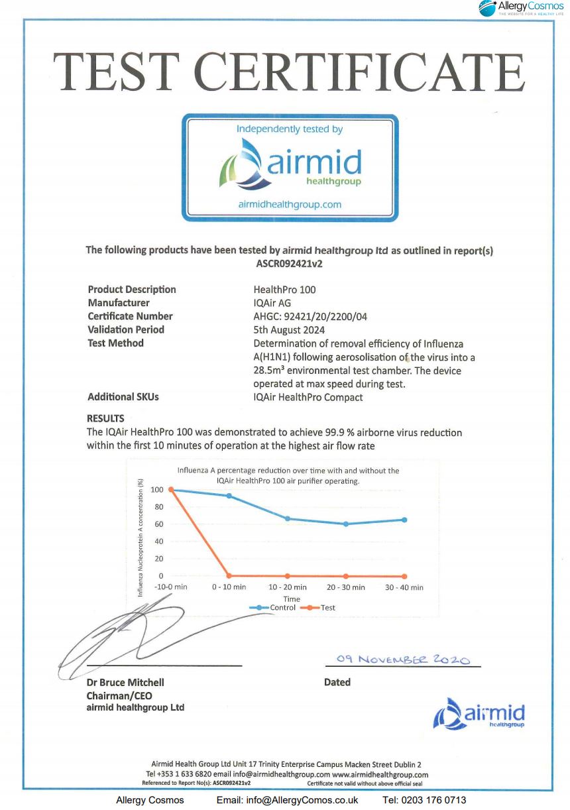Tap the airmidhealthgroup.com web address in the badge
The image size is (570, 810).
[x=290, y=204]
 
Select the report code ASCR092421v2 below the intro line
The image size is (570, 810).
[x=289, y=263]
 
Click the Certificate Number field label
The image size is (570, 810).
[x=130, y=316]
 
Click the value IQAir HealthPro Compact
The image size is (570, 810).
[x=308, y=397]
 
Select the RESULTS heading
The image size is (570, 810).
[x=105, y=419]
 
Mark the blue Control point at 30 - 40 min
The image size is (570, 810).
[x=404, y=520]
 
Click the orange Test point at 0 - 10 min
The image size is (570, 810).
[x=229, y=576]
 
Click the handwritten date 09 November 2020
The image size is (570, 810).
[x=402, y=660]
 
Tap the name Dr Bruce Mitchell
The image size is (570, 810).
[x=125, y=682]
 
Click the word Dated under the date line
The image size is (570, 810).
[x=337, y=682]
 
